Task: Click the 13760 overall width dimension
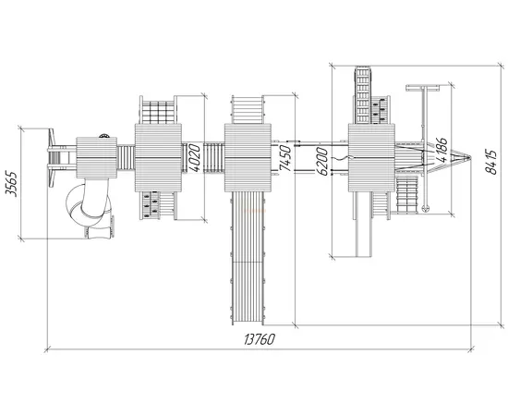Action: point(260,339)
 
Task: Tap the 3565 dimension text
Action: point(12,183)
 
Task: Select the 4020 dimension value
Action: point(194,158)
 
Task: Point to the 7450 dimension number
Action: point(284,158)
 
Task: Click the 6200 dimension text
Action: point(322,161)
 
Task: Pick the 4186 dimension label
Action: point(441,150)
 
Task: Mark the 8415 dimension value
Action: point(491,162)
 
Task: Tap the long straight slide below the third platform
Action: point(248,258)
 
